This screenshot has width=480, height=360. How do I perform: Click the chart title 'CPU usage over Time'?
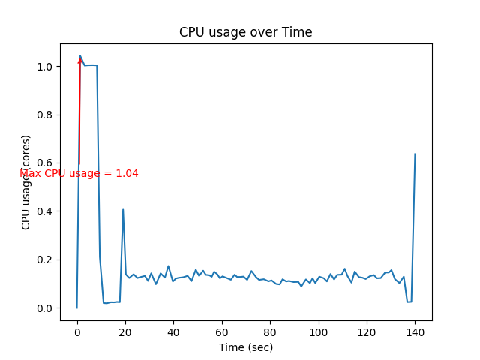tap(245, 33)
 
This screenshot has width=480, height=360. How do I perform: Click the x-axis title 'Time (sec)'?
tap(246, 347)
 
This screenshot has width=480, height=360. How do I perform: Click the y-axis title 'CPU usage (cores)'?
tap(26, 182)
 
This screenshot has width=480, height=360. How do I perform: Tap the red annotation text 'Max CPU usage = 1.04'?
tap(79, 174)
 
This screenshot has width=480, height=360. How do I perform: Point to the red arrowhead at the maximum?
tap(80, 59)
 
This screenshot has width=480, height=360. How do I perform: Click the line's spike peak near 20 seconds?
tap(123, 210)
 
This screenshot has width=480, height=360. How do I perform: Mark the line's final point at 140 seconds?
tap(415, 154)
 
